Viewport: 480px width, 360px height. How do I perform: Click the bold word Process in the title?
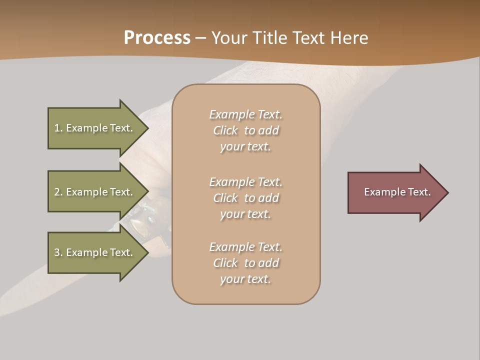[x=157, y=38]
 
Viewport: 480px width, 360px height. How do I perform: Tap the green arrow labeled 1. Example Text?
[x=95, y=128]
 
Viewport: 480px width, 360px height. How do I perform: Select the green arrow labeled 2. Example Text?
[x=95, y=192]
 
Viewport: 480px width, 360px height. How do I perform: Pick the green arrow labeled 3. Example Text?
[x=95, y=252]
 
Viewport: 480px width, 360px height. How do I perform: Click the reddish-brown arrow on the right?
[x=395, y=192]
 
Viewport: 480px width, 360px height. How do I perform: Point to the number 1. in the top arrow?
[x=58, y=128]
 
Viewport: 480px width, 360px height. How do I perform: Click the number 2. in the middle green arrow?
[x=58, y=192]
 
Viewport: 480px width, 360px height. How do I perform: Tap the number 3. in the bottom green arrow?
[x=58, y=252]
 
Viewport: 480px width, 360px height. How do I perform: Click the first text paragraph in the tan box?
[x=246, y=130]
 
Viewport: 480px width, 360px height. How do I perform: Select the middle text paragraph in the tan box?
[x=246, y=198]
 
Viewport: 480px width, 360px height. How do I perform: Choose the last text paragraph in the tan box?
[x=246, y=263]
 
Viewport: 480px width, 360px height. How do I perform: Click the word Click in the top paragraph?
[x=225, y=130]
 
